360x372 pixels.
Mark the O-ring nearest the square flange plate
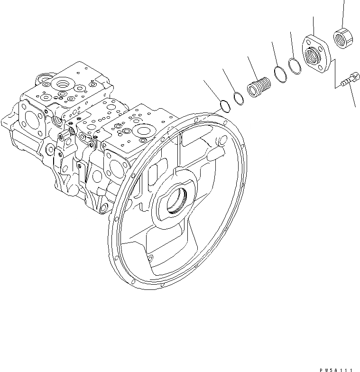tap(295, 66)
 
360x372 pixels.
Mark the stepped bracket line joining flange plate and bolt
tap(334, 71)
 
